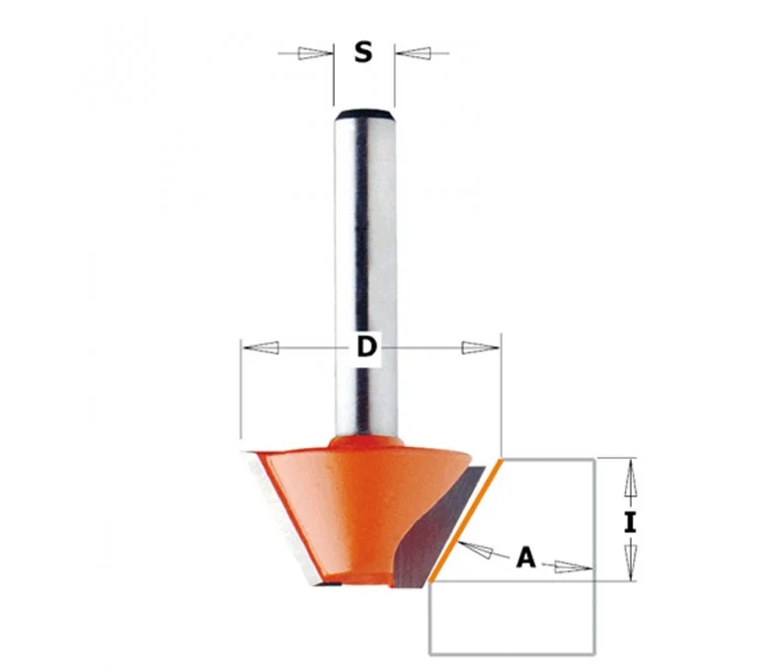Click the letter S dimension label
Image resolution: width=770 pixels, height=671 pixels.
[x=363, y=52]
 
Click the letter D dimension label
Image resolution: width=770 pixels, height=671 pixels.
[x=367, y=347]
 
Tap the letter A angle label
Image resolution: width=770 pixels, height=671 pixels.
[x=526, y=558]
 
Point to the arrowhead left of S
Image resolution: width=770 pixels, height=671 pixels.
[x=315, y=53]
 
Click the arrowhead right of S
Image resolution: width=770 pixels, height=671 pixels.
[x=414, y=53]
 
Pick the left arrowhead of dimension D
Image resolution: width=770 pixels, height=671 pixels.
[x=262, y=347]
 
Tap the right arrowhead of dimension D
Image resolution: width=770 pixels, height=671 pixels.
[x=481, y=347]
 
